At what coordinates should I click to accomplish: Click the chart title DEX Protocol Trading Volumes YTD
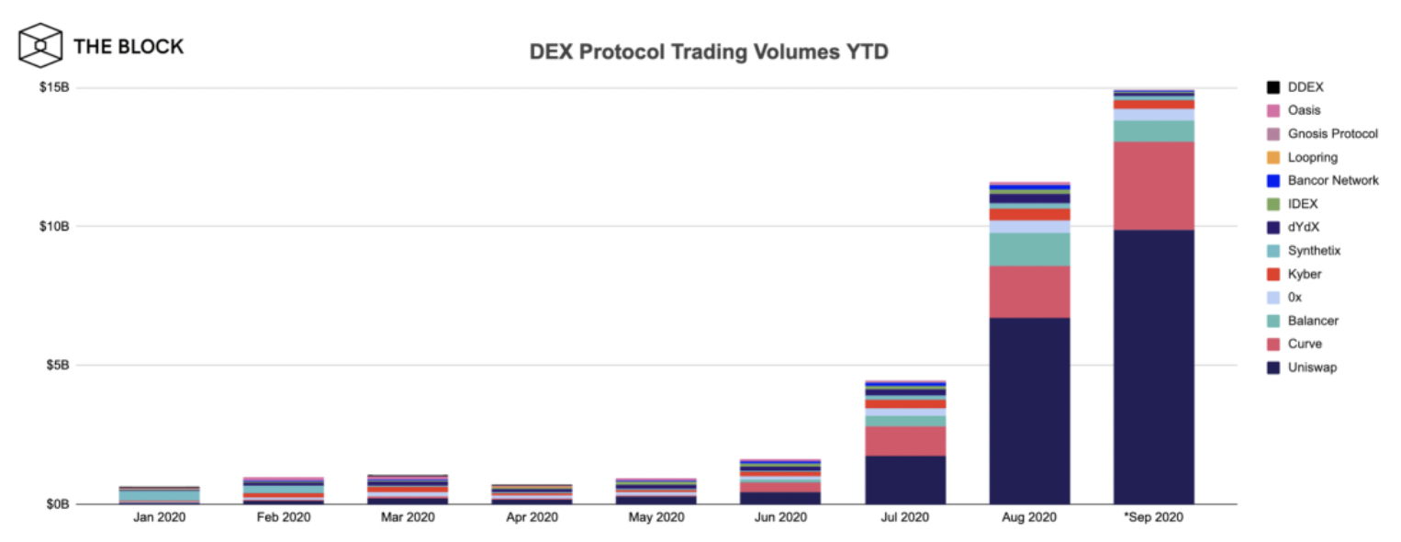click(x=708, y=52)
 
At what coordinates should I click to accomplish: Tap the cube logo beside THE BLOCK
click(x=40, y=46)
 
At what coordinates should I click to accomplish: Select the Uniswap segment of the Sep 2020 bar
click(x=1153, y=367)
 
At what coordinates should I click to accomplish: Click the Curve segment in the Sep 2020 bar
click(x=1153, y=186)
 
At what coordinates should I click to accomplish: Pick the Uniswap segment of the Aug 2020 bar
click(x=1029, y=411)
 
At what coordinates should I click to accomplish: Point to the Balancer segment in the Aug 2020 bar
click(x=1029, y=249)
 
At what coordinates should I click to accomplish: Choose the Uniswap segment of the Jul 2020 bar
click(x=905, y=480)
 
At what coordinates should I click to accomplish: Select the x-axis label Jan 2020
click(x=160, y=518)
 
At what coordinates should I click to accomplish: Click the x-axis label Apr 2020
click(x=532, y=518)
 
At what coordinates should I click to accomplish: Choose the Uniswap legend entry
click(x=1312, y=367)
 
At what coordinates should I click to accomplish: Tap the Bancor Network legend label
click(x=1332, y=181)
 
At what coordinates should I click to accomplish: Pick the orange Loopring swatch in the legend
click(x=1272, y=158)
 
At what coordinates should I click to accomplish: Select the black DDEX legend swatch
click(x=1272, y=88)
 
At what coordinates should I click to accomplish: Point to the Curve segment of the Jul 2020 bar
click(x=905, y=441)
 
